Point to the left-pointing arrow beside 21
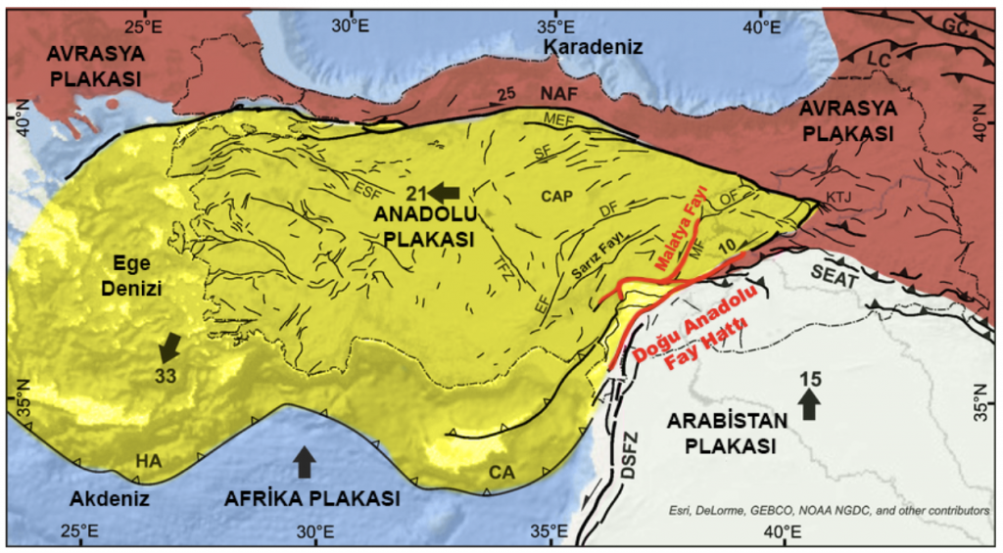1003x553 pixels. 444,191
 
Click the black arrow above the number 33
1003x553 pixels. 170,346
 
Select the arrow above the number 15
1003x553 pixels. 808,403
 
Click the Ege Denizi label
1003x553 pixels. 134,275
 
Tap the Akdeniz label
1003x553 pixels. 108,499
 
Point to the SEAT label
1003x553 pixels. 834,278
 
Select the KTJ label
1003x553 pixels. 839,198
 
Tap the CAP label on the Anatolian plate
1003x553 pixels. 556,196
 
